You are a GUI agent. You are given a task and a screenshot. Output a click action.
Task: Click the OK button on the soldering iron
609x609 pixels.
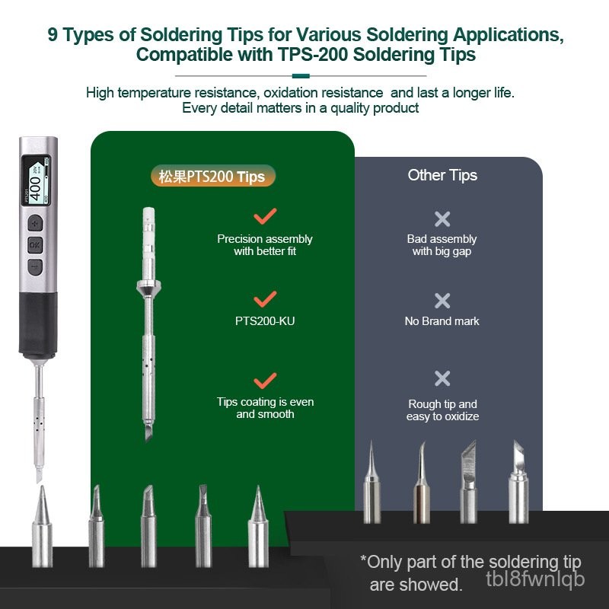[35, 245]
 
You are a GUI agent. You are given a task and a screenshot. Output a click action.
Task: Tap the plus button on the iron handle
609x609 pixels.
[35, 223]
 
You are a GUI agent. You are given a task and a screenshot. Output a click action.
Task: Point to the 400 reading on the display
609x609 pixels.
[35, 188]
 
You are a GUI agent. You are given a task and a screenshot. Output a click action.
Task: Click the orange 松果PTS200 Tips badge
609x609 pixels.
[213, 177]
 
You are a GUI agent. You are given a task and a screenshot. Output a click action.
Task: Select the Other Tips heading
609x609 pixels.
[442, 175]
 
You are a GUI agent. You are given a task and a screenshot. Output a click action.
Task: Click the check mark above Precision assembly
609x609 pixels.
[265, 216]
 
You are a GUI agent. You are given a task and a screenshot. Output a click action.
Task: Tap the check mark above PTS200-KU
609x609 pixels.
[265, 298]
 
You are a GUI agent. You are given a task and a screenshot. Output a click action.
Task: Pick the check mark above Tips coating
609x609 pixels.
[265, 381]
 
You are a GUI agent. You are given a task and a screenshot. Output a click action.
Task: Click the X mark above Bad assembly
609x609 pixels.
[442, 219]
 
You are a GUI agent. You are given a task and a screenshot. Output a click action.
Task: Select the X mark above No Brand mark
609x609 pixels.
[442, 301]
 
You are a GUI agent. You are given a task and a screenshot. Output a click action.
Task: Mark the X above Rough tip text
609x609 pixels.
[442, 378]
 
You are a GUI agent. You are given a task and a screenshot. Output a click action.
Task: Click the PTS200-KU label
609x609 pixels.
[265, 321]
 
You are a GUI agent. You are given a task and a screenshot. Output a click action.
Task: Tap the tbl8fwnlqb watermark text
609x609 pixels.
[535, 579]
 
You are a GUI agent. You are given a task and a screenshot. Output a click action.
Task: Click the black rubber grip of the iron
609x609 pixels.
[38, 325]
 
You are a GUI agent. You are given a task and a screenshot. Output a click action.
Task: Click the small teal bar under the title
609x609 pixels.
[301, 76]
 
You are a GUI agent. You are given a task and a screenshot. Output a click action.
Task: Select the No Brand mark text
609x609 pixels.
[442, 321]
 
